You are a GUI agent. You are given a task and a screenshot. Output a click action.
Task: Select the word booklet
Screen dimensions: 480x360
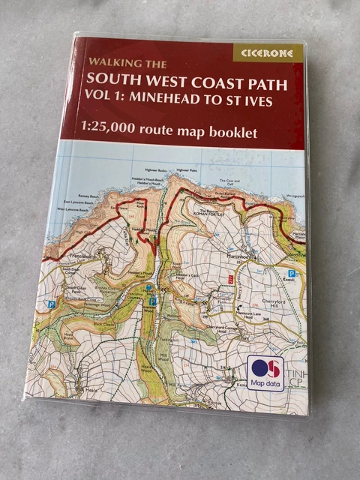pyautogui.click(x=232, y=132)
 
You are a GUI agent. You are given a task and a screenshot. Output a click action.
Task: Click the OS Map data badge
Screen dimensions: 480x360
pyautogui.click(x=265, y=373)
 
